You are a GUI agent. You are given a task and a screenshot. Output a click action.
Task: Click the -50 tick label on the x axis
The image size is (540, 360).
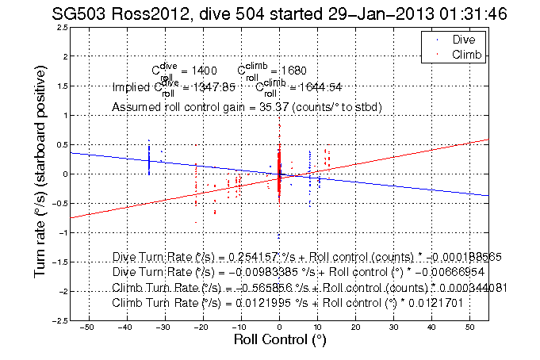pos(87,327)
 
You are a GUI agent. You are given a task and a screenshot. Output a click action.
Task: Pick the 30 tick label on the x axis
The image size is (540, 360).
pos(394,327)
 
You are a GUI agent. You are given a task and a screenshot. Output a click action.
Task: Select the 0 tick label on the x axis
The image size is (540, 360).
pos(279,327)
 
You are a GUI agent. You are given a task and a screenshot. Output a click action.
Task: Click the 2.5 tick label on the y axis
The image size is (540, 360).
pos(60,28)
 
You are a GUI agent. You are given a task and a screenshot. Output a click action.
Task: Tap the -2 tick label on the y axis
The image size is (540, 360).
pos(60,291)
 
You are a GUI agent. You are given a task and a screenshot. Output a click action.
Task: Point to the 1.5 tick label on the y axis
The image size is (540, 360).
pos(60,86)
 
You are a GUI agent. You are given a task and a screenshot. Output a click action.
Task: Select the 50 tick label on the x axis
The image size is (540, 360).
pos(471,327)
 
